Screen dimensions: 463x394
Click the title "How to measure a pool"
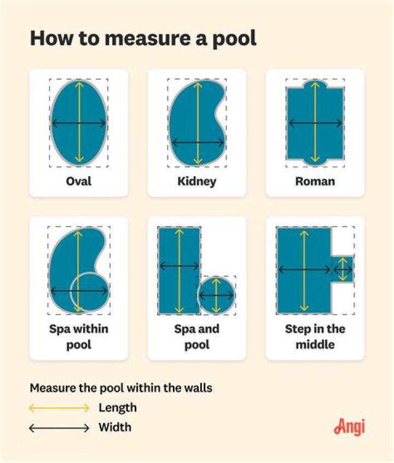143,38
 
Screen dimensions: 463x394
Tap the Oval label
78,181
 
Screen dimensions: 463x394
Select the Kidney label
196,181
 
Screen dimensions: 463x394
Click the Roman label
315,181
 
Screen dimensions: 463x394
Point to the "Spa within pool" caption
78,337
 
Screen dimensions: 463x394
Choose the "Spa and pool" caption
196,337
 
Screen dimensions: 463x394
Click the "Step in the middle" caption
315,337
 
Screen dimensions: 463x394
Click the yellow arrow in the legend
59,408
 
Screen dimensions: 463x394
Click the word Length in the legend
118,408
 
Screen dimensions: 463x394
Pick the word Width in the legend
115,427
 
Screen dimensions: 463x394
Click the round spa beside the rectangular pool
217,295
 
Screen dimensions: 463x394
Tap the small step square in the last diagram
343,269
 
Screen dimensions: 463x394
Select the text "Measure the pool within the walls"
121,388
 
